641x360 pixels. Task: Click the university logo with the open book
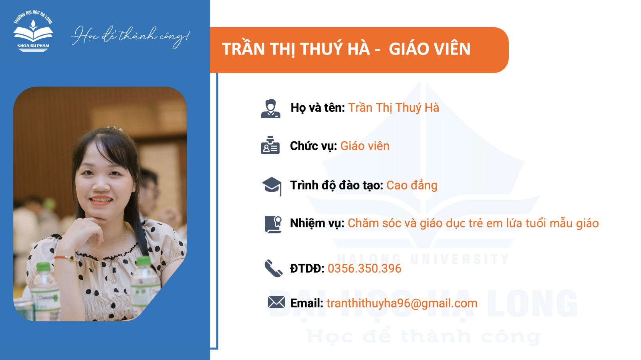[x=33, y=31]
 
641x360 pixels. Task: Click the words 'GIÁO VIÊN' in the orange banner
[x=429, y=48]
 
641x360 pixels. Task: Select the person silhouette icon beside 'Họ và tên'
[x=270, y=109]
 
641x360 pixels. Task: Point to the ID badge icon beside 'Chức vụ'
[x=270, y=145]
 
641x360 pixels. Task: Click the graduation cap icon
[x=272, y=186]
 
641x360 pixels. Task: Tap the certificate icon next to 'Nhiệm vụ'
[x=273, y=225]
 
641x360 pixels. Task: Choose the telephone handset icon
[x=273, y=268]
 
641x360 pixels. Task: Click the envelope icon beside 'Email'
[x=276, y=302]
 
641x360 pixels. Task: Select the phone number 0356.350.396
[x=364, y=269]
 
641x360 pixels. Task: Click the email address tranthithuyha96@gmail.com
[x=402, y=303]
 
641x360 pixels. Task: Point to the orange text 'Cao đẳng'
[x=412, y=185]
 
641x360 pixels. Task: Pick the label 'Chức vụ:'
[x=313, y=146]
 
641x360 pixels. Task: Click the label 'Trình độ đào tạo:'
[x=337, y=185]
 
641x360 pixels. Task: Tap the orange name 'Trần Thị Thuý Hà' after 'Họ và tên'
[x=393, y=108]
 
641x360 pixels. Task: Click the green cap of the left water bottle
[x=44, y=267]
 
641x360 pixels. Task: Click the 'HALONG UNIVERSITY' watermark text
[x=423, y=259]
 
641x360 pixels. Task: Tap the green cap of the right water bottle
[x=144, y=261]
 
